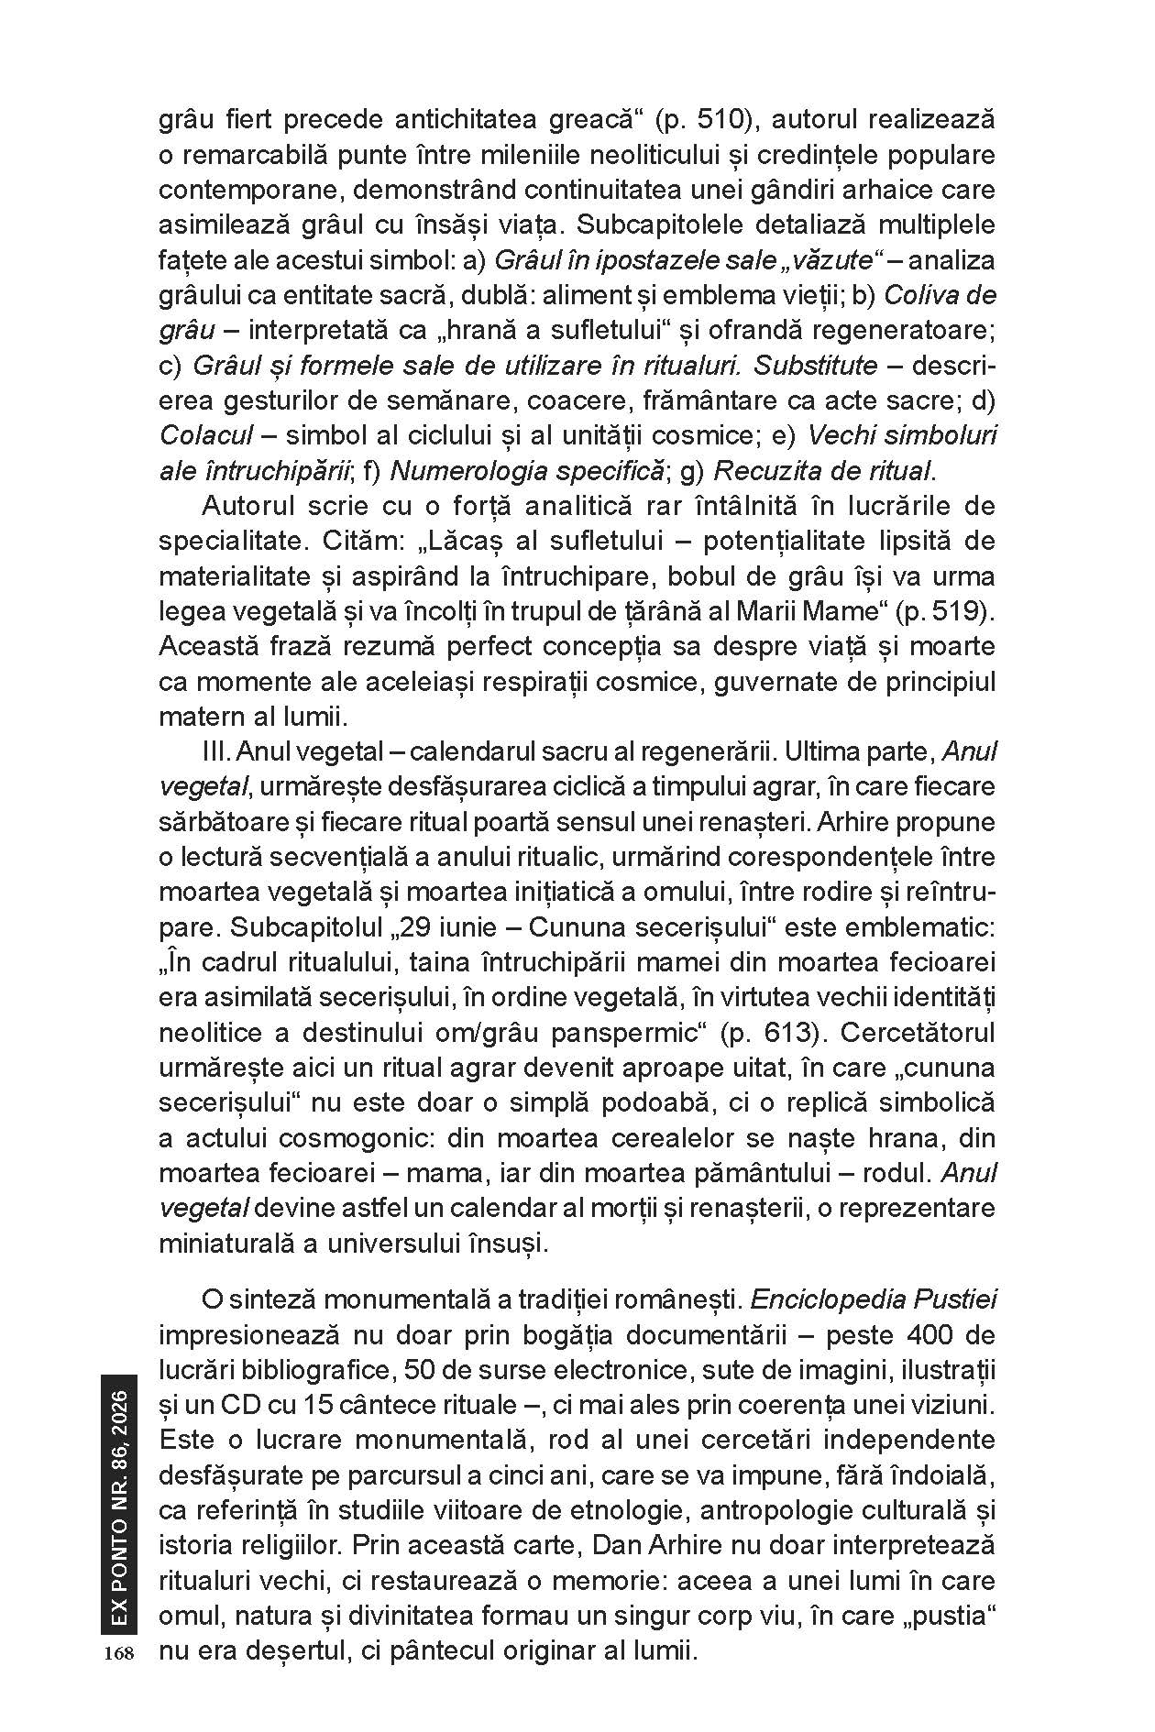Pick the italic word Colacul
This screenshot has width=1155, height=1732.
point(205,435)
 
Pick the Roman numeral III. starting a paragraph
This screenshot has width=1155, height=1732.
point(215,752)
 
